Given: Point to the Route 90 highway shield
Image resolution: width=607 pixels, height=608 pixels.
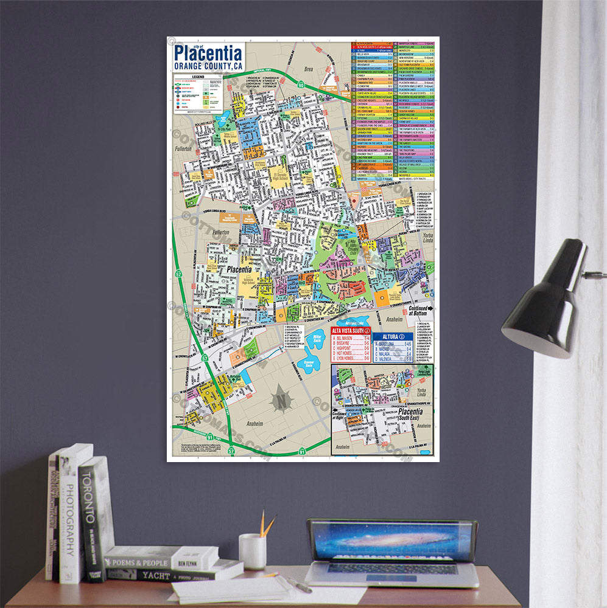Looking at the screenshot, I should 303,85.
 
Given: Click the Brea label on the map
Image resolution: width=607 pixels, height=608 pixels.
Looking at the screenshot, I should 308,70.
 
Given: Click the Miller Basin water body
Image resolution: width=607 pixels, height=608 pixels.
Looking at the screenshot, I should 317,340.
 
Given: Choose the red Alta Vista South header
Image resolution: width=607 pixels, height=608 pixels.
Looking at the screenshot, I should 350,331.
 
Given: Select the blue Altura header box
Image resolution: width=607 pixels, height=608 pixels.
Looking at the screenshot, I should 388,336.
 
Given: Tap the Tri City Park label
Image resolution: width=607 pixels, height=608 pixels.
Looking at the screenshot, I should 226,130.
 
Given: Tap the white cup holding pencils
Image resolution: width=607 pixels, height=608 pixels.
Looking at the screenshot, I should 252,551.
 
